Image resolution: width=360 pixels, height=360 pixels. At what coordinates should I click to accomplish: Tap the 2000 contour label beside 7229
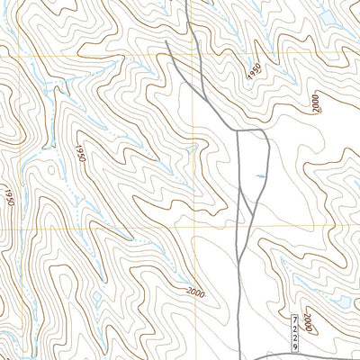click(x=309, y=320)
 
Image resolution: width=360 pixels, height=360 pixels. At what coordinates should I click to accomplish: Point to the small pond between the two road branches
click(x=258, y=175)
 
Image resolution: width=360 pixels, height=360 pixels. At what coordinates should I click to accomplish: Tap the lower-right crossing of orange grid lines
click(x=193, y=225)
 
